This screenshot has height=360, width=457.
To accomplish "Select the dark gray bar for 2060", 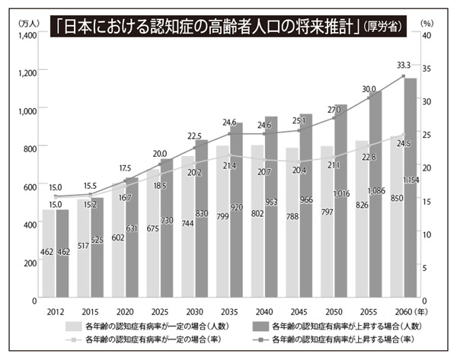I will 409,190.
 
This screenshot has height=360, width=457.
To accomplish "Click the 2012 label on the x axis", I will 55,311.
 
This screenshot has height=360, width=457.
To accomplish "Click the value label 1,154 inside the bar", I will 410,180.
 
